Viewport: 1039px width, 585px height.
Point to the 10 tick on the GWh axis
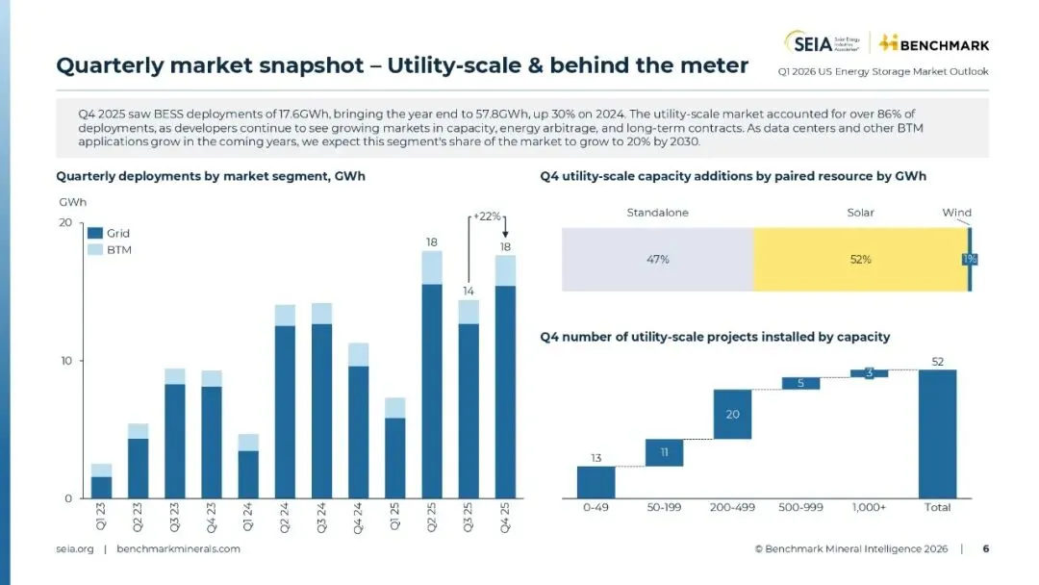65,361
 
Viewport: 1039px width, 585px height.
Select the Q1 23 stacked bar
101,481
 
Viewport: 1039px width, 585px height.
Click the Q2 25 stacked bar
431,375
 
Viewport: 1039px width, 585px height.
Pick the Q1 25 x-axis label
394,518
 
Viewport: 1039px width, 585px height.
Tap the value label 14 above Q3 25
468,290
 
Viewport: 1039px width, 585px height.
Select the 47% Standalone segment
657,260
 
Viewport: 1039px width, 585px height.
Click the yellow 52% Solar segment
860,260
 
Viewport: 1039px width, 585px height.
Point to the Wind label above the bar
955,213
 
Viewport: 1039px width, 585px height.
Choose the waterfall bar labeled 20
732,414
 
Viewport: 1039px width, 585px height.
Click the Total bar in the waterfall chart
937,433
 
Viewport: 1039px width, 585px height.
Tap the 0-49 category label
596,507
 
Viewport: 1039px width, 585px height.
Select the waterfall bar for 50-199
664,452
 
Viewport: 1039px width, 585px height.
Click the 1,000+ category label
869,507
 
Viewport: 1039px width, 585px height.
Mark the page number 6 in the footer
985,548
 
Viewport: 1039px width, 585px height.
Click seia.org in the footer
75,548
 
